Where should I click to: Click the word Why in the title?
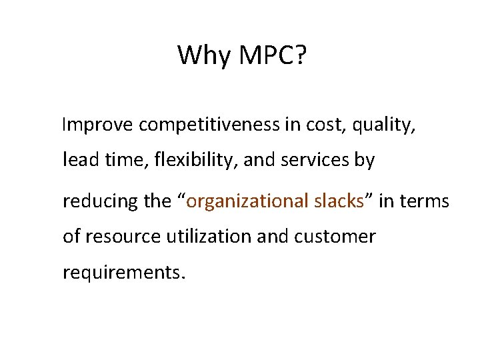click(201, 55)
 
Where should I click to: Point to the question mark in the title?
click(301, 55)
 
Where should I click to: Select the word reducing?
click(101, 201)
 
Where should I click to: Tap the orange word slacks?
click(337, 201)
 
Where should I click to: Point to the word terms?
click(426, 201)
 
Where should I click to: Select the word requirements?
click(122, 273)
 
